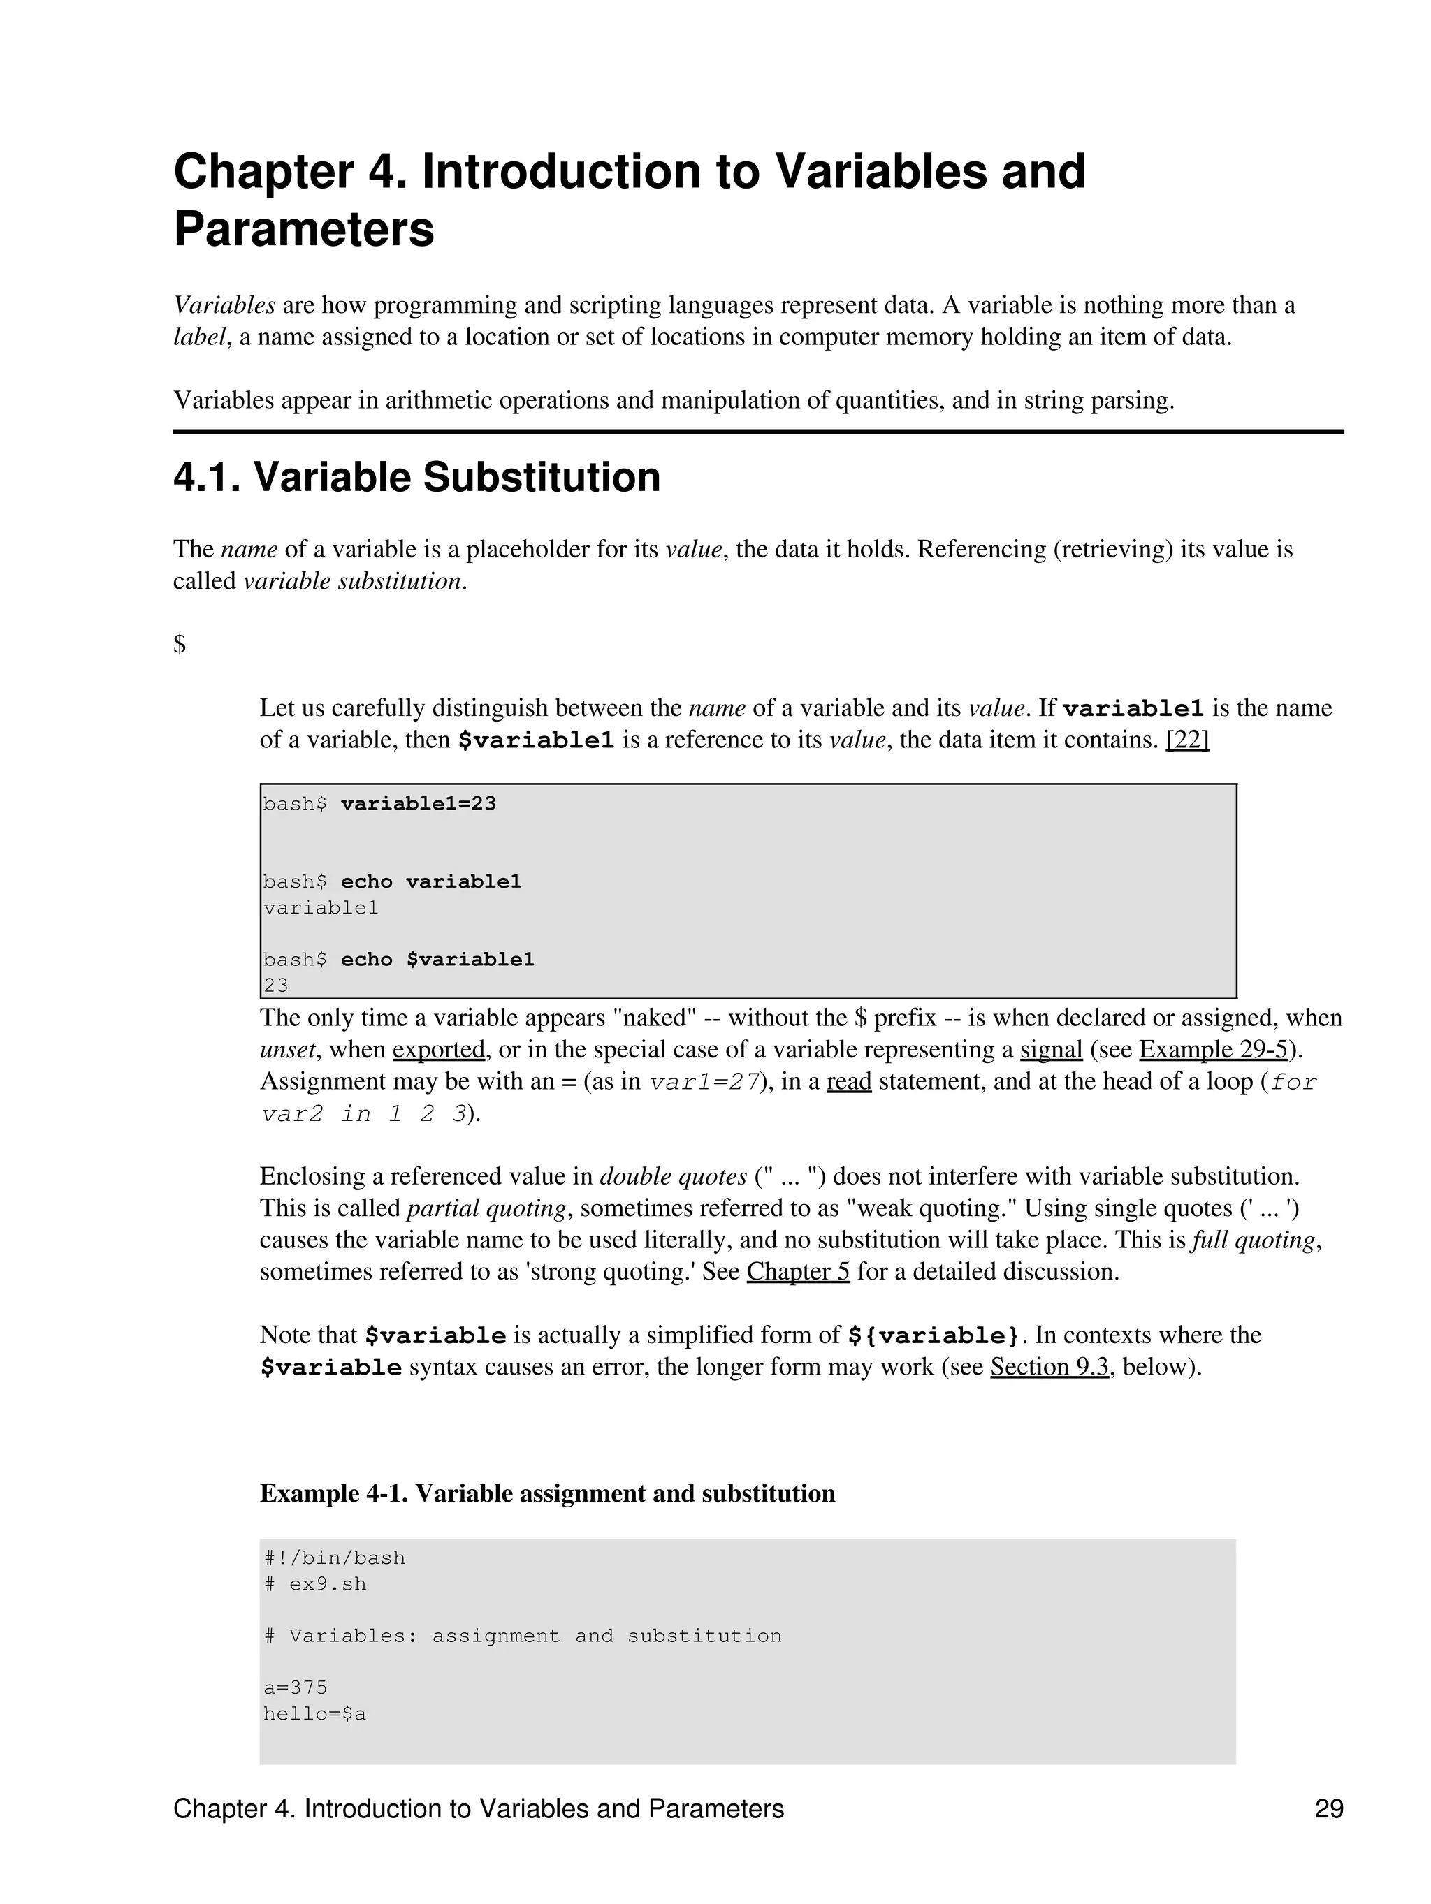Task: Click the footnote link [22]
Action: click(1186, 740)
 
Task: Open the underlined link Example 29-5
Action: click(1212, 1050)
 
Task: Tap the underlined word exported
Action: click(438, 1050)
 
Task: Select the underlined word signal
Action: click(1050, 1050)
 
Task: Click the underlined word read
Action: click(848, 1082)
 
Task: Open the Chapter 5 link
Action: click(797, 1272)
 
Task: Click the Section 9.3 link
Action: click(1049, 1367)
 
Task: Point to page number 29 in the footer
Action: click(1328, 1809)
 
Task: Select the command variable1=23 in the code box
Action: click(418, 804)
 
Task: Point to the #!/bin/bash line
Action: click(334, 1558)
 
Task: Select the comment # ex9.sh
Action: click(315, 1584)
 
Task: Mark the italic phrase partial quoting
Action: click(486, 1208)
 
